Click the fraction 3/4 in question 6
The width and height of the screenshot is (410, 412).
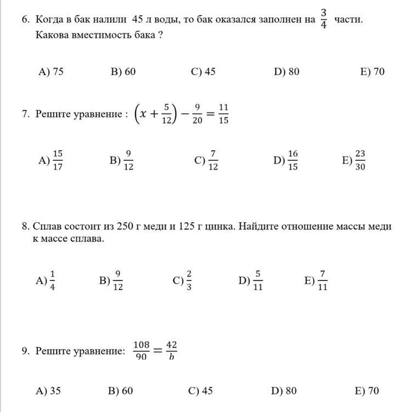coord(323,20)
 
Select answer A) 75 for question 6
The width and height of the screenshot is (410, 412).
coord(51,72)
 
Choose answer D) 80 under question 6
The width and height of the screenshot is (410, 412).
coord(286,72)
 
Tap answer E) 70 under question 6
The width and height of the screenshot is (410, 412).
coord(372,72)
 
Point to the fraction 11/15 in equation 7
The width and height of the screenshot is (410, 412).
coord(223,114)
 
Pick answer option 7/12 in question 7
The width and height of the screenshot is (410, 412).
coord(213,160)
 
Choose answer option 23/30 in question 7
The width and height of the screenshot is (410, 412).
coord(360,160)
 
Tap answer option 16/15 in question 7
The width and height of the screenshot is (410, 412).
coord(293,160)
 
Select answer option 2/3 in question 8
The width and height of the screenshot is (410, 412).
coord(189,281)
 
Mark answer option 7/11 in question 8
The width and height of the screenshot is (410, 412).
coord(322,281)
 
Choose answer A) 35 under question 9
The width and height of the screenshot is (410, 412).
coord(48,391)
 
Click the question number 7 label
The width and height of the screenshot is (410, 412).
coord(25,114)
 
